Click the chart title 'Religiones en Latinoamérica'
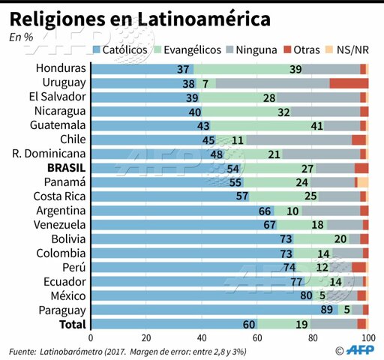tap(139, 18)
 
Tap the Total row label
tap(73, 323)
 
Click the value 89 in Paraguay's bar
tap(326, 309)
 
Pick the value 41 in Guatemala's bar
tap(316, 125)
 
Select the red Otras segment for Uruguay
tap(349, 82)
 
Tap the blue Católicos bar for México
tap(195, 295)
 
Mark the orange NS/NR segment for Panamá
tap(363, 181)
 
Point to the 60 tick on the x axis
tap(257, 337)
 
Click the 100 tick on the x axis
tap(367, 337)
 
